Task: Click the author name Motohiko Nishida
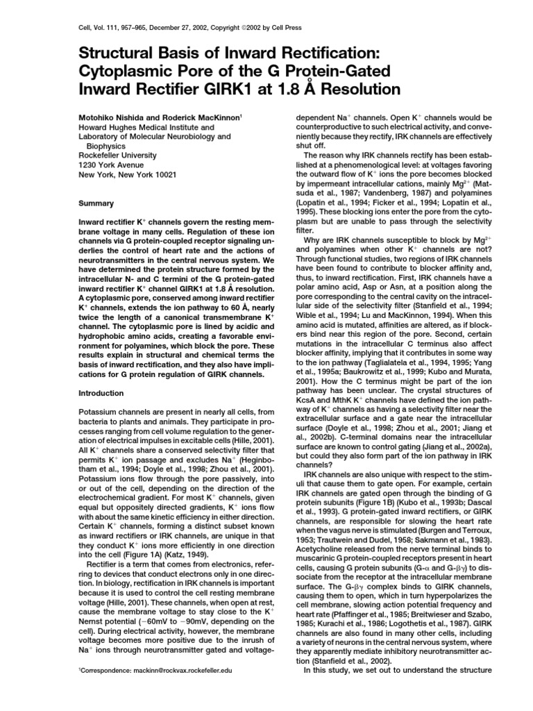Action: [112, 119]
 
